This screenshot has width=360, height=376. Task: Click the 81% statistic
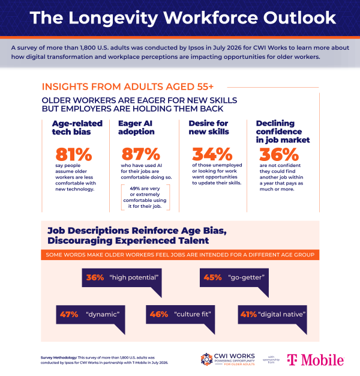[74, 154]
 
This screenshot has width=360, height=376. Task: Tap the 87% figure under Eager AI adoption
[141, 154]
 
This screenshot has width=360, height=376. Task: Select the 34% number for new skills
[212, 154]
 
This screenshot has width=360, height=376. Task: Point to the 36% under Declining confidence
[279, 154]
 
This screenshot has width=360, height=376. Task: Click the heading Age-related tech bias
[77, 127]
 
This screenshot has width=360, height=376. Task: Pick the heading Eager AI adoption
[136, 127]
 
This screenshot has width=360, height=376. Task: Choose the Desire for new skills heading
[209, 127]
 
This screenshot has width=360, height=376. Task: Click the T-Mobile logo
[316, 360]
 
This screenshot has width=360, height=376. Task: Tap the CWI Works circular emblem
[206, 359]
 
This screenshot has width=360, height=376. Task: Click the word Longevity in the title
[113, 18]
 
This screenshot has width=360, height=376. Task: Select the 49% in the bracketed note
[136, 189]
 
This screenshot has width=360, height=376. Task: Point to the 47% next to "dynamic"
[69, 314]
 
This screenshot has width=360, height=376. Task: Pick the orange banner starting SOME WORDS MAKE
[180, 255]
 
